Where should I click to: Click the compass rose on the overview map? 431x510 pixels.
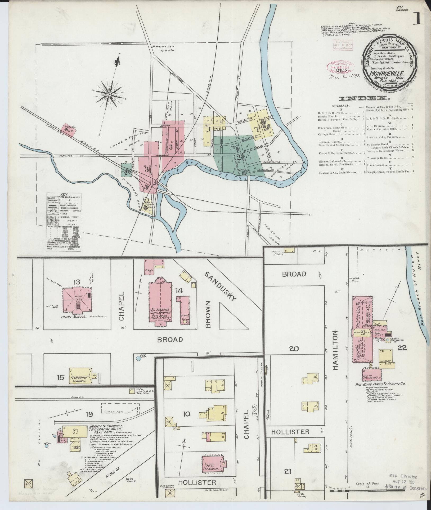[109, 94]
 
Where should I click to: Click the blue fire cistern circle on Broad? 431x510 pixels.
[138, 358]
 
